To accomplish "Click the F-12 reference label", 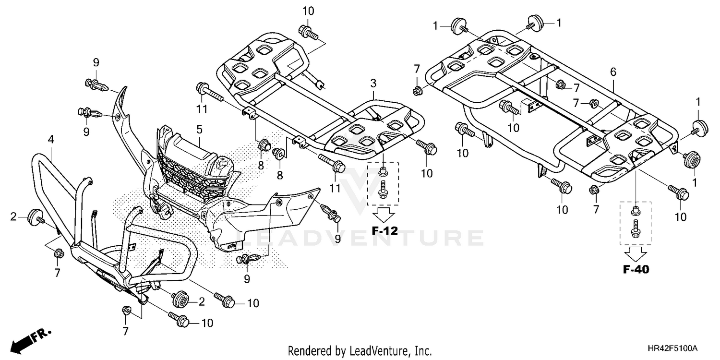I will pyautogui.click(x=385, y=231).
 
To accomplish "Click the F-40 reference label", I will pyautogui.click(x=636, y=270).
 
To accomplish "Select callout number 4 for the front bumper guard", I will pyautogui.click(x=50, y=140).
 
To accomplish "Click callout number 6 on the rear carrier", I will pyautogui.click(x=612, y=72).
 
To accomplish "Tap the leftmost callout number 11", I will pyautogui.click(x=202, y=109).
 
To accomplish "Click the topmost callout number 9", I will pyautogui.click(x=96, y=62).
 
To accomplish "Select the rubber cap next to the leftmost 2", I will pyautogui.click(x=35, y=217).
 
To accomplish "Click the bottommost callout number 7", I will pyautogui.click(x=125, y=331).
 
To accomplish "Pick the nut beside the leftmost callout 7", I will pyautogui.click(x=58, y=253).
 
